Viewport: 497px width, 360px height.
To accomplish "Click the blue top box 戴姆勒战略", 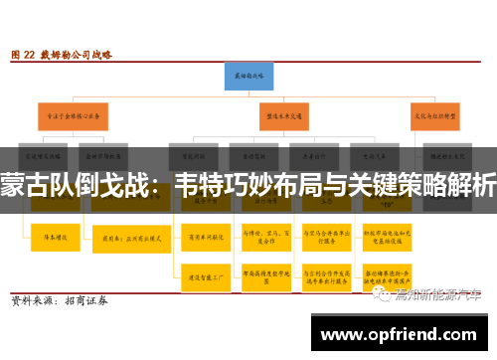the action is tap(248, 76).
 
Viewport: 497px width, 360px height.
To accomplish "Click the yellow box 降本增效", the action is tap(49, 238).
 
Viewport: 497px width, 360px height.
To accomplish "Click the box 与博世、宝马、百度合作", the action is tap(261, 239).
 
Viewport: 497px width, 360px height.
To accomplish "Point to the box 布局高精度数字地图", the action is tap(261, 278).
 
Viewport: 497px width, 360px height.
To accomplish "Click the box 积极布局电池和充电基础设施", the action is tap(382, 239).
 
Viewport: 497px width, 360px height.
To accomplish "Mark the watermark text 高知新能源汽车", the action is tap(437, 294).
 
